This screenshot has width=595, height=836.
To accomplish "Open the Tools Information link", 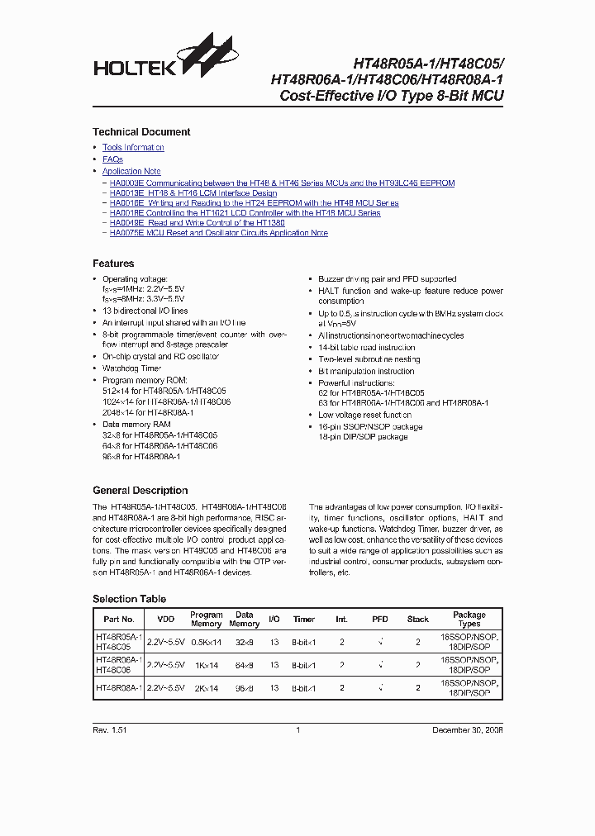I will tap(133, 148).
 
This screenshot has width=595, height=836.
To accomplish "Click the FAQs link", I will tap(112, 159).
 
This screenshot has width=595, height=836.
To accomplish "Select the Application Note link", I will tap(131, 172).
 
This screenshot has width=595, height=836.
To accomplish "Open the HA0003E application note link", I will tap(282, 183).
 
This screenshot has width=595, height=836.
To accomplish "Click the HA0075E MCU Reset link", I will tap(218, 233).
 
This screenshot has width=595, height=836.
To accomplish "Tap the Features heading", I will tap(113, 264).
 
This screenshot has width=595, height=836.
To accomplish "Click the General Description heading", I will tap(140, 491).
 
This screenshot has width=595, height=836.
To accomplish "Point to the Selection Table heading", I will tap(129, 599).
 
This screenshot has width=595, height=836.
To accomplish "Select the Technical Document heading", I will tap(141, 132).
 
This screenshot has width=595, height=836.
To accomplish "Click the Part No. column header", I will tap(119, 620).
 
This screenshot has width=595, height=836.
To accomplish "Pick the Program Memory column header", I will tap(207, 620).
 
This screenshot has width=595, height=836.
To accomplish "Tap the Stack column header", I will tap(418, 619).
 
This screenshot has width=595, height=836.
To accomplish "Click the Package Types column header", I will tap(469, 620).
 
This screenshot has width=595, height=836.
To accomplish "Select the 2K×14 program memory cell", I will tap(207, 687).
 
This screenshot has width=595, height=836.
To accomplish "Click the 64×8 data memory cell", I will tap(245, 665).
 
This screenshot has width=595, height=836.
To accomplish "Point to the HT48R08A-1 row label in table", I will tap(119, 687).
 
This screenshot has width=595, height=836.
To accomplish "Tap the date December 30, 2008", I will tap(468, 730).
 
